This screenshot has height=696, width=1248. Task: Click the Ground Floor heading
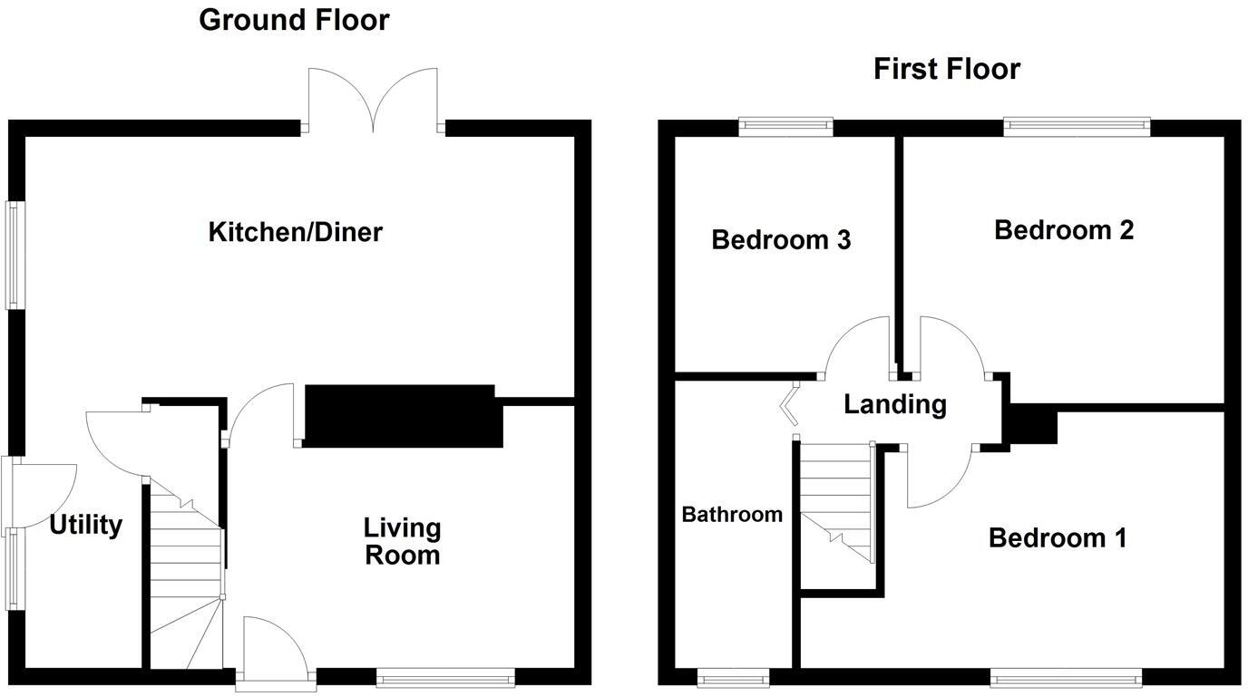click(x=294, y=20)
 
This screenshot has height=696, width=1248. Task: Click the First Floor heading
click(x=946, y=69)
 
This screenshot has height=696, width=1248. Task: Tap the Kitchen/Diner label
click(x=296, y=232)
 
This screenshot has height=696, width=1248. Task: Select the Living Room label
click(x=403, y=541)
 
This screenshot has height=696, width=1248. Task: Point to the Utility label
click(x=85, y=525)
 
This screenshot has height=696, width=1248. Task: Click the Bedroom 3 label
click(x=781, y=240)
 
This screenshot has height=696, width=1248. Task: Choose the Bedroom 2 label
click(x=1064, y=230)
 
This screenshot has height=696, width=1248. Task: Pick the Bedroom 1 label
click(x=1058, y=538)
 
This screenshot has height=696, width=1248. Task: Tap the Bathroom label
click(x=732, y=515)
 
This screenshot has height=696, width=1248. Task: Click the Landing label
click(x=895, y=404)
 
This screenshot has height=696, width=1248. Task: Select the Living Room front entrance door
click(x=276, y=650)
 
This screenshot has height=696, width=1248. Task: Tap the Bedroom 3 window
click(x=785, y=127)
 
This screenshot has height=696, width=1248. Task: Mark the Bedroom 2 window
click(x=1077, y=127)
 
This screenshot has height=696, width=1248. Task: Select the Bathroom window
click(x=733, y=676)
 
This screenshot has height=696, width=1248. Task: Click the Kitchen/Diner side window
click(x=15, y=255)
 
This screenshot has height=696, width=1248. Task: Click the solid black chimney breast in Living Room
click(x=403, y=416)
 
